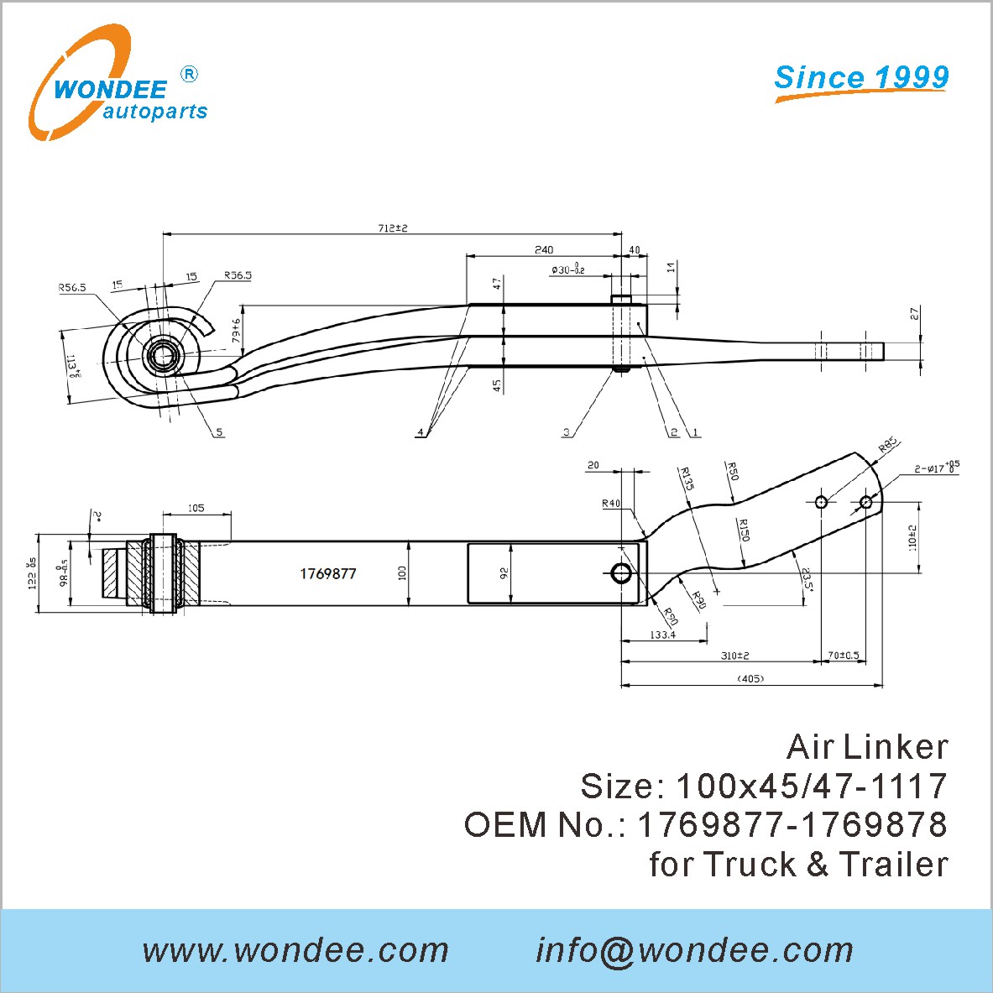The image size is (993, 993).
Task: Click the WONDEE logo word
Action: coord(110,87)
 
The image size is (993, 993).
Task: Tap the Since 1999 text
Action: coord(861,77)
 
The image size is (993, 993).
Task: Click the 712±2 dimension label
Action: coord(392,227)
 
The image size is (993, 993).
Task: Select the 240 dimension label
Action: coord(543,249)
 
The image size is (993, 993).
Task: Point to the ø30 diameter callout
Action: coord(568,269)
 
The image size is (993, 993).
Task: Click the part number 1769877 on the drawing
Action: coord(328,574)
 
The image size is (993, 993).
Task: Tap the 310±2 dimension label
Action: coord(734,656)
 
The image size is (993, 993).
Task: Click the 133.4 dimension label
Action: coord(662,635)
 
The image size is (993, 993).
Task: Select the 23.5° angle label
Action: coord(806,580)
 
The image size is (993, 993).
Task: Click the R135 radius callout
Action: coord(687,478)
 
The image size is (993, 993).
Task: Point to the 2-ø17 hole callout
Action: coord(936,467)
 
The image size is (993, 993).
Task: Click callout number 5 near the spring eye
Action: coord(219,432)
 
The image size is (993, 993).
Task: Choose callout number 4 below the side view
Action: coord(420,432)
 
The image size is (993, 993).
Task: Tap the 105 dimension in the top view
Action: coord(196,508)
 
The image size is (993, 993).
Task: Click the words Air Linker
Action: coord(867,747)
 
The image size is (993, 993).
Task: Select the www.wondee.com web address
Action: coord(296,950)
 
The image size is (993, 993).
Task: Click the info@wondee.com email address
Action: coord(694,950)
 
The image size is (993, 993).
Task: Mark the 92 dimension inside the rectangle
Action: coord(504,573)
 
